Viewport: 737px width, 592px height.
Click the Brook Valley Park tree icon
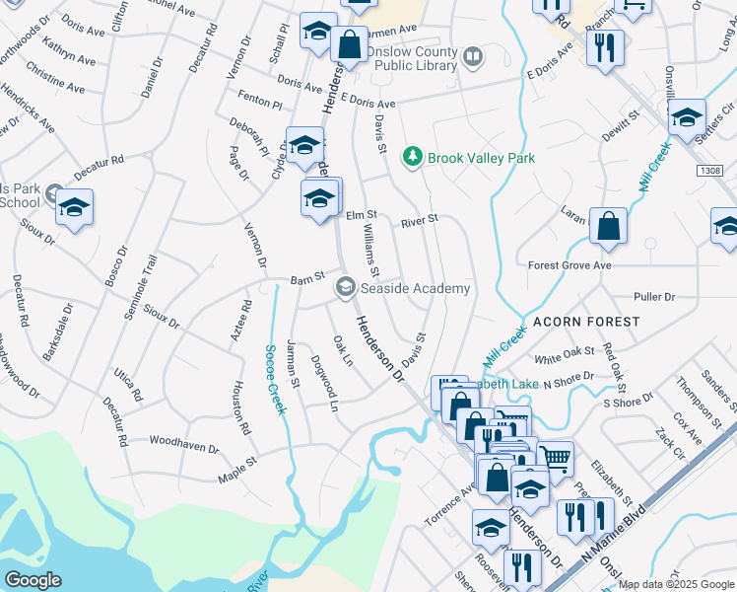(x=412, y=157)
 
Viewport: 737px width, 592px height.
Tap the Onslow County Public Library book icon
(x=473, y=58)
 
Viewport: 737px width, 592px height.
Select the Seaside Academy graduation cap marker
(x=345, y=288)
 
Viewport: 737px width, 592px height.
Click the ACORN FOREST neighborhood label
(x=586, y=322)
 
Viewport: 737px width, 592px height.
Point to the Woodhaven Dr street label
(x=184, y=447)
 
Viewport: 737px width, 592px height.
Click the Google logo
(x=33, y=579)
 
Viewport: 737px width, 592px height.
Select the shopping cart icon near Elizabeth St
(x=556, y=457)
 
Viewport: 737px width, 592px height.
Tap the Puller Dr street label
(x=654, y=296)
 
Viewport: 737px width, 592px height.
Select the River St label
(x=419, y=221)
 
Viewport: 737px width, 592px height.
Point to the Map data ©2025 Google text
(x=676, y=584)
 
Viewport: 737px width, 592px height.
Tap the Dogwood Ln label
(x=326, y=383)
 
